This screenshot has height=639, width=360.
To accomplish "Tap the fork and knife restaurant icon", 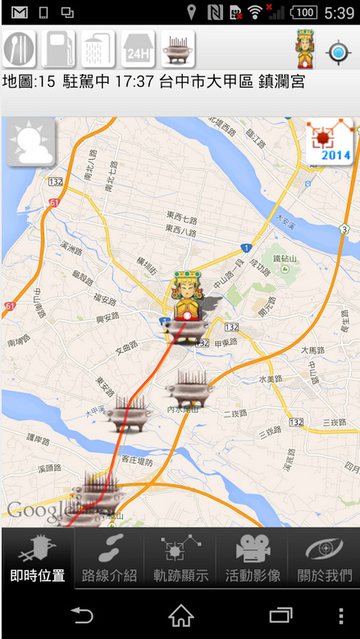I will (x=20, y=51).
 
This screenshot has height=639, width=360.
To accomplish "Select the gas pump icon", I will (x=59, y=51).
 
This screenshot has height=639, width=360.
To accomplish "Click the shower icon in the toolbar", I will (x=98, y=51).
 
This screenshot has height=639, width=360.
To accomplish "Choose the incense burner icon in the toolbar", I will (x=177, y=51).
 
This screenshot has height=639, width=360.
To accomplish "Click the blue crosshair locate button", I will (x=338, y=53).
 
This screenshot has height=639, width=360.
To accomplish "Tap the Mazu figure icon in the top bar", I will (x=307, y=50).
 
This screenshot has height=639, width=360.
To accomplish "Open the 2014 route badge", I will (x=330, y=142).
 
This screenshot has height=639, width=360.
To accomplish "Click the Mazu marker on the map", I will (x=186, y=299).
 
